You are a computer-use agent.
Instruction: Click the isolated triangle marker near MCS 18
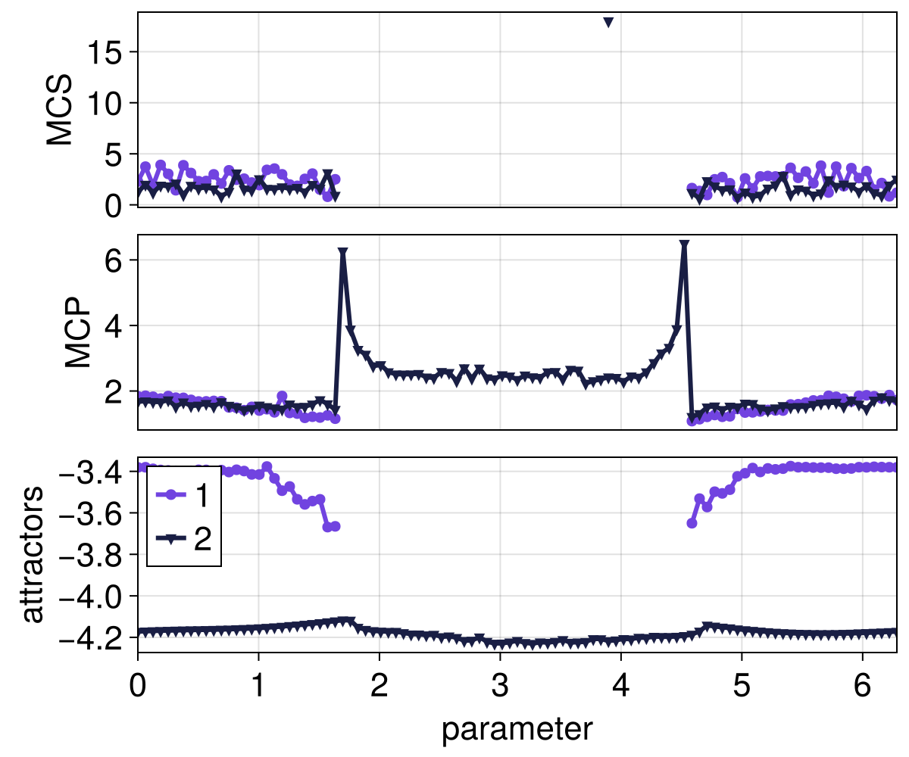(x=608, y=22)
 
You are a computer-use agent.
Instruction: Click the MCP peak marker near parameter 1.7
(x=343, y=252)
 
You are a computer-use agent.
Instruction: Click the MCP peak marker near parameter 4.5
(x=684, y=245)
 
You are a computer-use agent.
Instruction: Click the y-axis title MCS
(x=59, y=109)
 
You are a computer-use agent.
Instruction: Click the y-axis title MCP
(x=77, y=332)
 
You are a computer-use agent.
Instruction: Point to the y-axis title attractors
(x=32, y=555)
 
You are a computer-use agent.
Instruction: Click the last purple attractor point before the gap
(x=336, y=525)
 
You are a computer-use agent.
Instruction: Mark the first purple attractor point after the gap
(x=692, y=523)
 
